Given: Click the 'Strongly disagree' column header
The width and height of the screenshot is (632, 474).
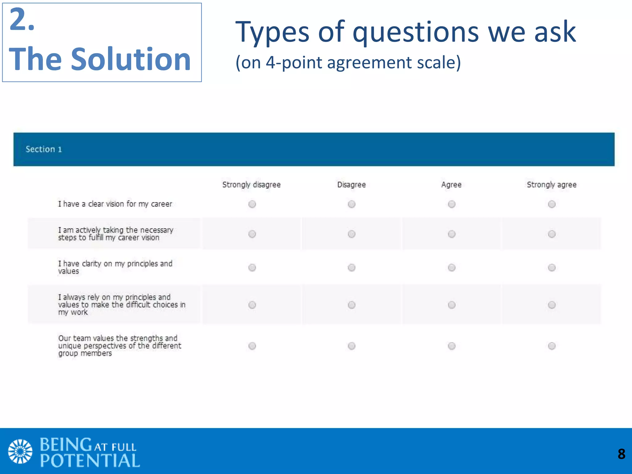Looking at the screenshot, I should [x=251, y=185].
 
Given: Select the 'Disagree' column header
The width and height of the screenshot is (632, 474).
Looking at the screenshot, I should [x=351, y=185].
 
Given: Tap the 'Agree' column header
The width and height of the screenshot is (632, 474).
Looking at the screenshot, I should [x=451, y=185].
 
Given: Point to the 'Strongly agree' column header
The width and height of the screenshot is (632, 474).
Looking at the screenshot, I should [x=551, y=185].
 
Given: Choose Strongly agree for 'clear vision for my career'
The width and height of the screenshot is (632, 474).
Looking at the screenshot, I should [x=551, y=204].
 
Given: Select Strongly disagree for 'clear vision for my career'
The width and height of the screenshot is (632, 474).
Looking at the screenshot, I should [x=252, y=204].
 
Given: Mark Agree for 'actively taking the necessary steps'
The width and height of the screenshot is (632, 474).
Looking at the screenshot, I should [x=451, y=234].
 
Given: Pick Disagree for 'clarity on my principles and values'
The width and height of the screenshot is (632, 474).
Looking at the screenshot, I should [x=351, y=267].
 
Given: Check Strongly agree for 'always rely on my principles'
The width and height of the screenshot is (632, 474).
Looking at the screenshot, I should [x=551, y=305].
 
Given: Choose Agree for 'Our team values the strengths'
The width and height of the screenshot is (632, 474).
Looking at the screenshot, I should [x=451, y=346].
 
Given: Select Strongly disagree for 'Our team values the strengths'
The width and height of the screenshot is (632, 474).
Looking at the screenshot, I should [x=252, y=346].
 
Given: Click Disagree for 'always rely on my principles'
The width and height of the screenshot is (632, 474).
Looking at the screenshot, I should [x=351, y=305].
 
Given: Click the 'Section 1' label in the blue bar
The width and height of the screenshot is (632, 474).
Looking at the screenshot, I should [x=44, y=149].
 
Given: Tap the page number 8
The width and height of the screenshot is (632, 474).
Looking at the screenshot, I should [x=621, y=454].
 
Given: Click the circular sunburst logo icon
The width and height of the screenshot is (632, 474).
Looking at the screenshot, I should [x=20, y=451].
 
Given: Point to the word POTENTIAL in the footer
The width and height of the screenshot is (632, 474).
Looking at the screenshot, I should [x=90, y=461].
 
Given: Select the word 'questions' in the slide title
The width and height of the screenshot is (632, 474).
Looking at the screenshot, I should [x=416, y=32].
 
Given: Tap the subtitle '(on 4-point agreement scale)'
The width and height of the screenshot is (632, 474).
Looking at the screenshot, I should [x=348, y=62].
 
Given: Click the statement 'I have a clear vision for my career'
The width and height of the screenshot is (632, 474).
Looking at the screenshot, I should [x=115, y=204].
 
